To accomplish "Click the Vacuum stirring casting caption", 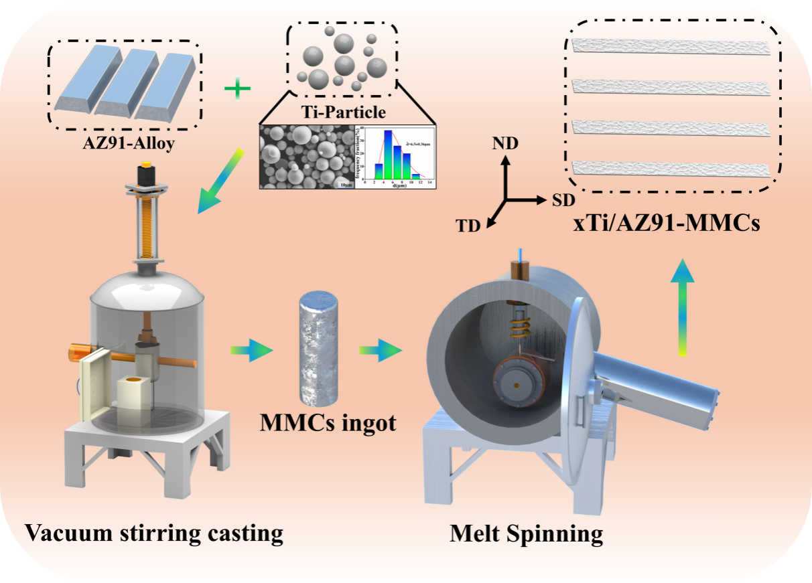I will (x=153, y=533).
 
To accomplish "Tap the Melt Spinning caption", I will (x=526, y=533).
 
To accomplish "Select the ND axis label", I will (x=506, y=144).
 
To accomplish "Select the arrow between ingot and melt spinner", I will (x=380, y=350).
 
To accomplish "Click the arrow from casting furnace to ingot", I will (x=251, y=350).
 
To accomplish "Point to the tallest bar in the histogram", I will (x=387, y=155).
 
